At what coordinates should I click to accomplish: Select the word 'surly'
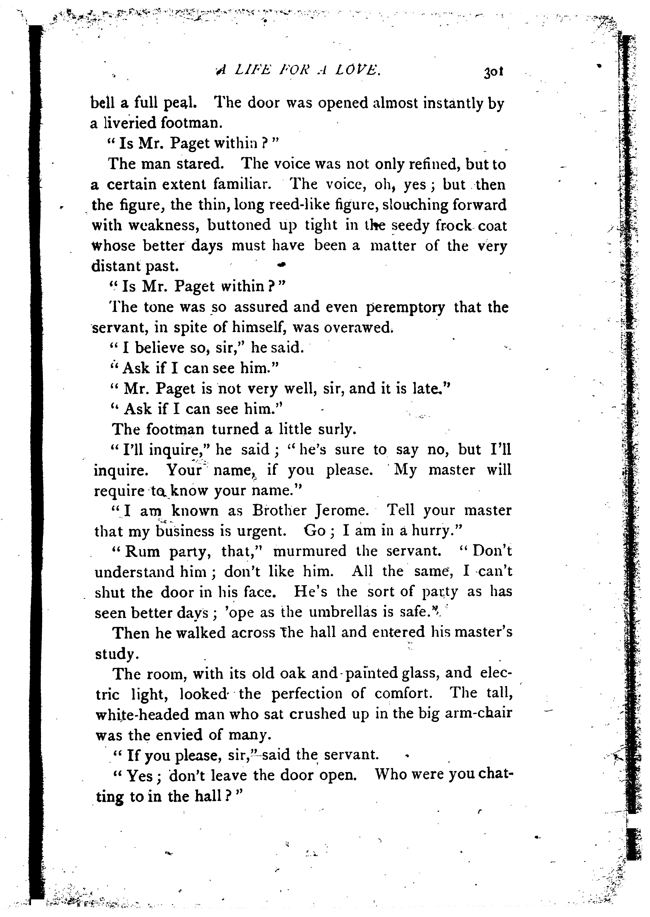point(336,429)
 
